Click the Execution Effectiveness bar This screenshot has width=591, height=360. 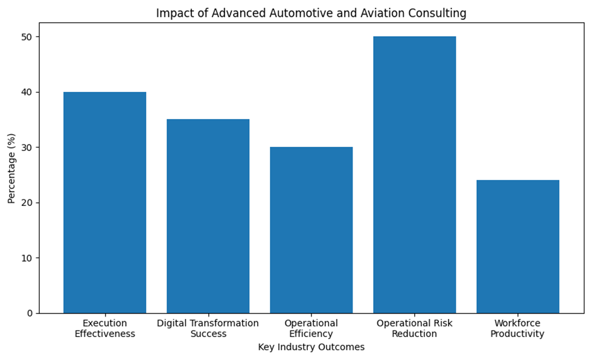tap(105, 202)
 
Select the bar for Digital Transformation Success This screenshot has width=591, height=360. tap(208, 216)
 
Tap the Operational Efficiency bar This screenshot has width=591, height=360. tap(311, 230)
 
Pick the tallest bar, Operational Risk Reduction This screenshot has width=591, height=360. tap(415, 175)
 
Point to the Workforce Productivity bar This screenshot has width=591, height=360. tap(518, 246)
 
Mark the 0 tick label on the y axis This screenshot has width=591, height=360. tap(30, 313)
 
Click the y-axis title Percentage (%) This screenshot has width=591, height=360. tap(11, 168)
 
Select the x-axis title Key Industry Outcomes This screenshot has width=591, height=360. tap(311, 347)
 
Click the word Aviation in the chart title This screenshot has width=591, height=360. tap(380, 13)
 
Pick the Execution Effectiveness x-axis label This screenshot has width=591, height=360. tap(105, 329)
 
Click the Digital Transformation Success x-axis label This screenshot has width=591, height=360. tap(208, 329)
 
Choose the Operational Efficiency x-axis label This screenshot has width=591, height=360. tap(311, 329)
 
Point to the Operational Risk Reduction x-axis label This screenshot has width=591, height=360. tap(415, 329)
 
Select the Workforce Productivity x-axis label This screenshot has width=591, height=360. tap(517, 329)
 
